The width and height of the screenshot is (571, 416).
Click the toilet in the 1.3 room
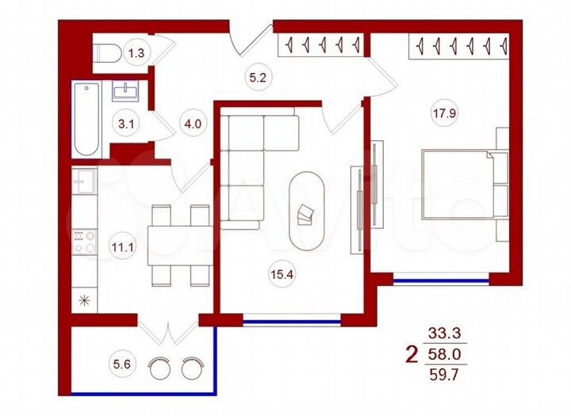tap(105, 54)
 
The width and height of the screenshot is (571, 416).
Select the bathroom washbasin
tap(127, 91)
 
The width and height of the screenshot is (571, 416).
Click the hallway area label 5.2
tap(255, 78)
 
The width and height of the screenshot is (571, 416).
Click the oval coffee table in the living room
tap(306, 212)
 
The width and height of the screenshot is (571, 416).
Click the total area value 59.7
tap(443, 374)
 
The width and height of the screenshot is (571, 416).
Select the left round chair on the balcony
tap(161, 368)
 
